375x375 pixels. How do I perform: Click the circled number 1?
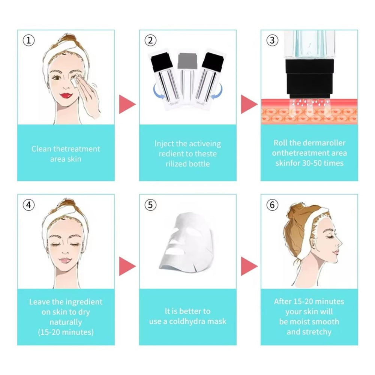point(28,40)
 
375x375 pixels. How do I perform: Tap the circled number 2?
point(150,40)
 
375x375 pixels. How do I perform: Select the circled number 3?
point(272,40)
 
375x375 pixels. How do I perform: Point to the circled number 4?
point(28,205)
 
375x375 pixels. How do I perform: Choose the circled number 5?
point(150,205)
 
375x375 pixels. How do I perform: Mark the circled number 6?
point(272,205)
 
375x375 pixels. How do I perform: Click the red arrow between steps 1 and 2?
point(127,104)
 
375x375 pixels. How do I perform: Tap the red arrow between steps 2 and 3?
point(249,104)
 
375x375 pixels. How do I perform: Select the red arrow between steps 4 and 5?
point(127,266)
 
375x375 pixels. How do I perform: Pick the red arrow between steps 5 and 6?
point(249,266)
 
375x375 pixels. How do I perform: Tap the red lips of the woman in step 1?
point(66,95)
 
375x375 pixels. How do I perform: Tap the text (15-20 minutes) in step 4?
point(66,332)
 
